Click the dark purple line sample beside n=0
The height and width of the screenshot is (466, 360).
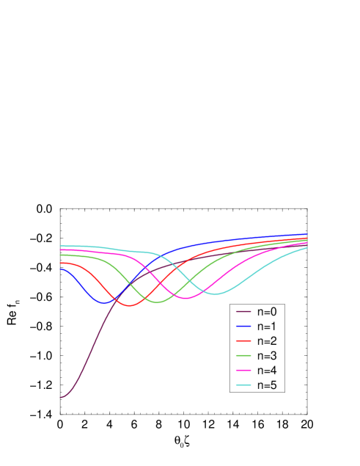click(x=243, y=311)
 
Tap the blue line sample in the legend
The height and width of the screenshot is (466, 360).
click(x=243, y=326)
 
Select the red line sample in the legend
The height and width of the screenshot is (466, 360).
click(x=243, y=341)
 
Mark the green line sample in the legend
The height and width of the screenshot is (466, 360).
click(x=243, y=356)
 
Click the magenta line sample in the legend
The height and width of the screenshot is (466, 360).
click(x=243, y=371)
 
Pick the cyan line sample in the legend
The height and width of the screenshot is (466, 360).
click(x=243, y=385)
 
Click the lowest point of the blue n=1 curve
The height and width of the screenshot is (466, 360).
click(x=104, y=302)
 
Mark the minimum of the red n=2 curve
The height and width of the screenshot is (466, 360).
click(x=131, y=305)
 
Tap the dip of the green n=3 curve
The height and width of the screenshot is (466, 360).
click(x=157, y=302)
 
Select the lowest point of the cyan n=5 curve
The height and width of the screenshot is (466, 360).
click(x=216, y=294)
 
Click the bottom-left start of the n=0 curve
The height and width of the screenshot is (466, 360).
click(x=60, y=398)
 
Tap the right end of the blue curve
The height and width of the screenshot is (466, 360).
click(x=306, y=235)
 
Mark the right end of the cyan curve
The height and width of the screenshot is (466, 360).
click(x=306, y=248)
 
